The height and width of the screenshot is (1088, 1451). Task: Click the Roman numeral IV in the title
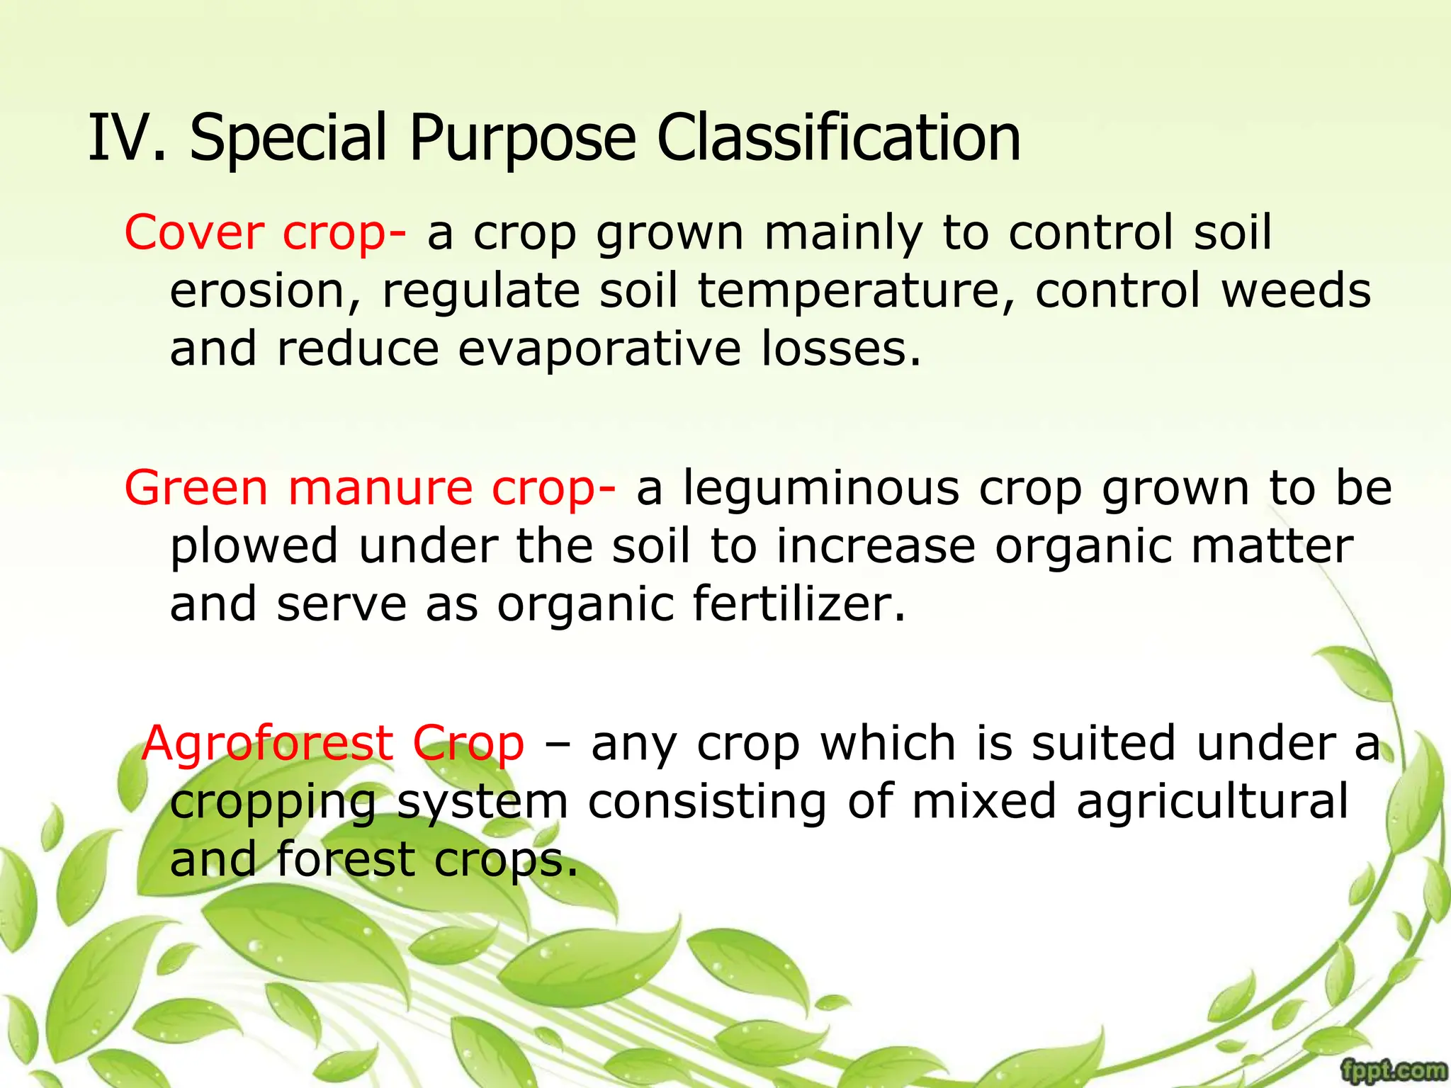point(120,137)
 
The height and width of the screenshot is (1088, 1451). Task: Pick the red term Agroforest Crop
point(333,744)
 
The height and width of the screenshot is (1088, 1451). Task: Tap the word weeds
point(1297,291)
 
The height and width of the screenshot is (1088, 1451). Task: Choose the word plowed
point(254,548)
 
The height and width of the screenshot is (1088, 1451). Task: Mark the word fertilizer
point(798,604)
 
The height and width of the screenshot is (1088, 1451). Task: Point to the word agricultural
point(1212,803)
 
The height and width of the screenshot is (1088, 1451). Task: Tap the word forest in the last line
point(345,859)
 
